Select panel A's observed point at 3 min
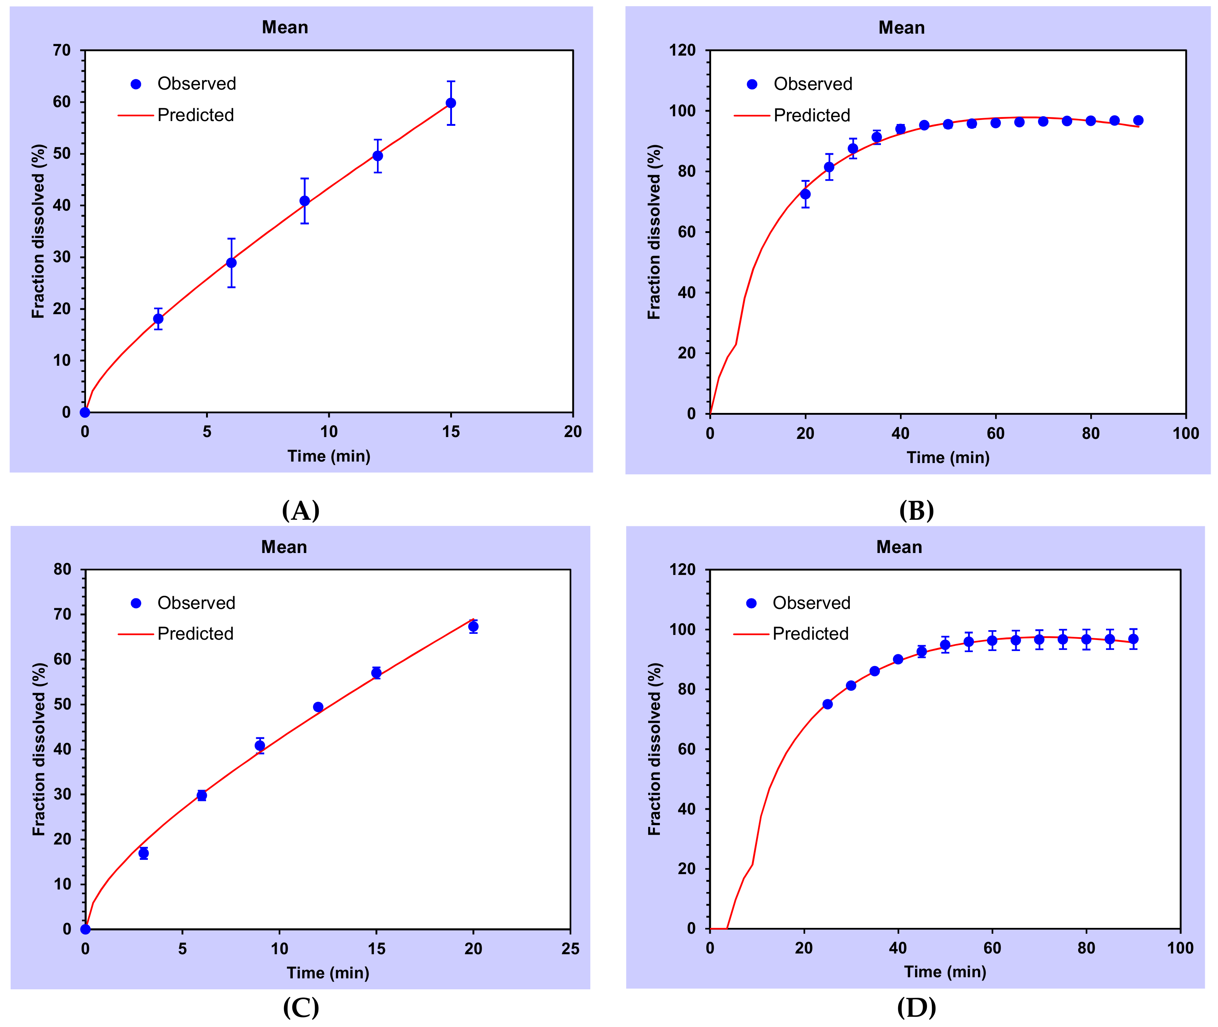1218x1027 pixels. [158, 319]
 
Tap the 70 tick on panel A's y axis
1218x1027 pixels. [62, 50]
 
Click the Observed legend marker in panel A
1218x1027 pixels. [136, 84]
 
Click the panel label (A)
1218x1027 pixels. [300, 511]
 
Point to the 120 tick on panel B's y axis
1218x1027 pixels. [682, 50]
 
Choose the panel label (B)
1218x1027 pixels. [916, 511]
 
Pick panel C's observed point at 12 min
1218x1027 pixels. [318, 707]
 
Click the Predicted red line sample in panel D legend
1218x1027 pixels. [751, 634]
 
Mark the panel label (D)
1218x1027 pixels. [916, 1007]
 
